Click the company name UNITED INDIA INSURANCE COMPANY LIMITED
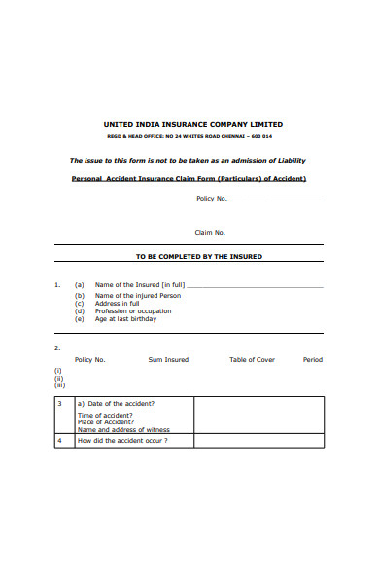193,125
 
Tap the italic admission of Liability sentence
193,160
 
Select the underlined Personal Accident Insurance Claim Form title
189,179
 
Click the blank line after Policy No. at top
276,200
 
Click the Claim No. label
210,233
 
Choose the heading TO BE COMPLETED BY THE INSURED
198,257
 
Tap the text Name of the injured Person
137,295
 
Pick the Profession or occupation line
132,311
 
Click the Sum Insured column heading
168,360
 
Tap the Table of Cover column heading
252,360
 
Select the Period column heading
312,360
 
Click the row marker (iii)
59,385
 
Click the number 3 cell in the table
59,403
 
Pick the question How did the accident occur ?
122,440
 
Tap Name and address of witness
123,429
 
